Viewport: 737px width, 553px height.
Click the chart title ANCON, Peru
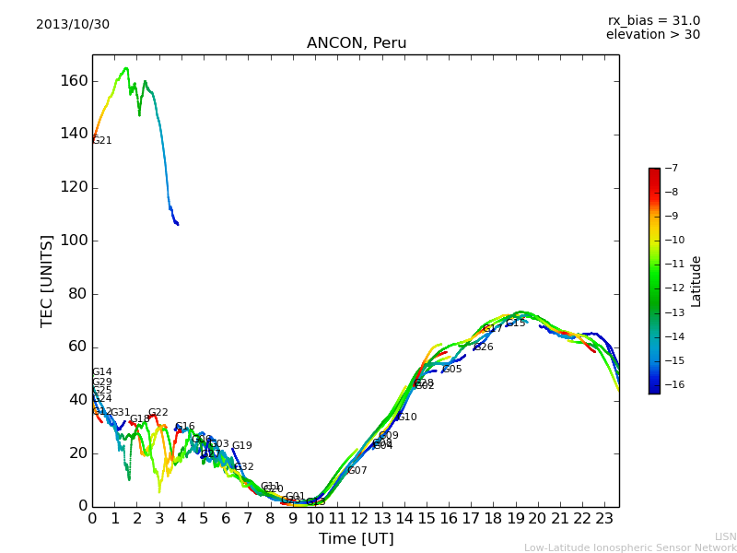357,43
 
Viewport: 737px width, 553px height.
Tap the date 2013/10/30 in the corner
73,24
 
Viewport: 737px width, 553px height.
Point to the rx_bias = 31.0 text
653,20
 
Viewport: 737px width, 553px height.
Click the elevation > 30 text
653,35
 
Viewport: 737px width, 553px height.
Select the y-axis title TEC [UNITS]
47,280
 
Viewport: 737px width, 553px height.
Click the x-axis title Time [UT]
356,539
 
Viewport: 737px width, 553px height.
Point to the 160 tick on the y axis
74,81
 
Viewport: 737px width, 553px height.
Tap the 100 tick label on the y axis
74,241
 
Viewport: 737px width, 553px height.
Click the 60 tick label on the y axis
77,347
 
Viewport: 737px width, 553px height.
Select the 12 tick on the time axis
359,518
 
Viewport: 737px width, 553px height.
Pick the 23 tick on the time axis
604,518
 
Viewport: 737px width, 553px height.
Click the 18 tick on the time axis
493,518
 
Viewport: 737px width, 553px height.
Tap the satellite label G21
102,141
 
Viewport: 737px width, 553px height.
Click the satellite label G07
357,471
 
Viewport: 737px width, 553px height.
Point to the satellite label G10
407,418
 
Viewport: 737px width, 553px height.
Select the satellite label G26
484,347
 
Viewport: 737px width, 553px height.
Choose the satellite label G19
241,446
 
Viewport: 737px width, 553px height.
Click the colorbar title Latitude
696,281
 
